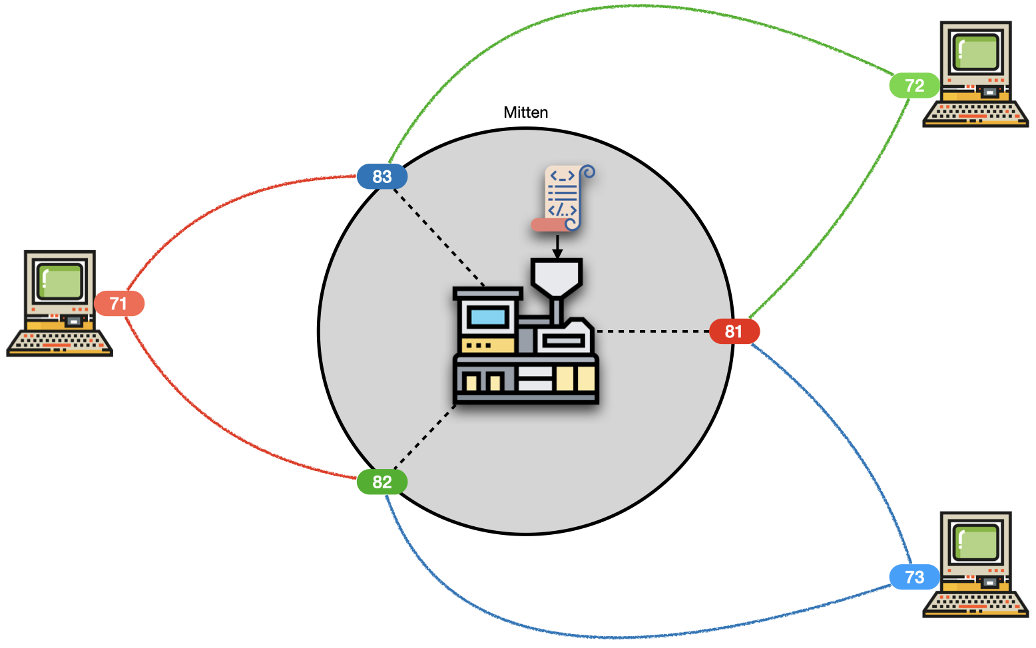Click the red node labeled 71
click(119, 303)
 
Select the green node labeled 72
click(914, 85)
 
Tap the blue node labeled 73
click(914, 577)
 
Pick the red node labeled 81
click(734, 331)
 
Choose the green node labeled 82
click(382, 482)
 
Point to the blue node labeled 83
click(382, 176)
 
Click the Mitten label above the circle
click(525, 112)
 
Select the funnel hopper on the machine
click(557, 276)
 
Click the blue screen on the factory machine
click(488, 316)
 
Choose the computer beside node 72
click(976, 73)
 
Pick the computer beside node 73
click(976, 564)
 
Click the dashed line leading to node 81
click(652, 331)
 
